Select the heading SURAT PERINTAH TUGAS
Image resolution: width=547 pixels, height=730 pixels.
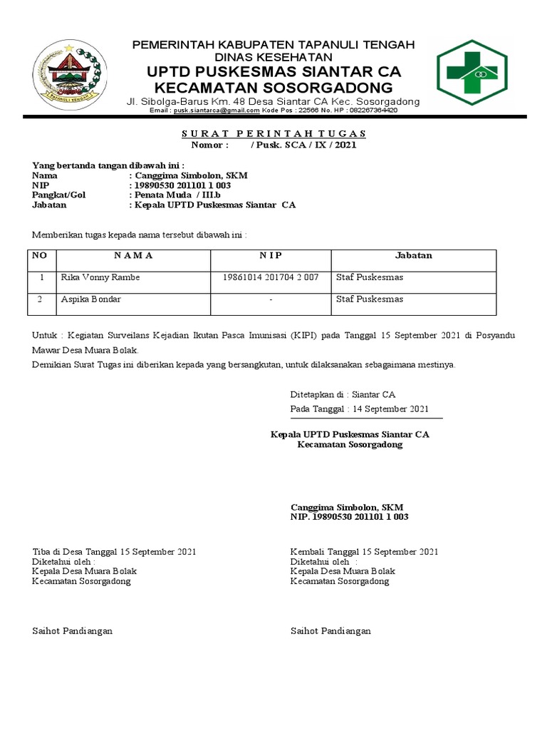[x=273, y=133]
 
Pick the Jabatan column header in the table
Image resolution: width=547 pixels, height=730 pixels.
[x=414, y=255]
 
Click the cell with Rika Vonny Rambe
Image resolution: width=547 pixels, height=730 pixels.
[x=100, y=277]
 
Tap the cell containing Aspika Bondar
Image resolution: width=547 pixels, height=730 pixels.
[x=90, y=299]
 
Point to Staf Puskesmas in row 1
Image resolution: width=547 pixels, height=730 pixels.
[x=370, y=277]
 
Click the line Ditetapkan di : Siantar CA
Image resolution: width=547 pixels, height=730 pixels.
[x=343, y=394]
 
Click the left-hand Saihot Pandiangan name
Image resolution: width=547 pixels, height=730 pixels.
[x=73, y=631]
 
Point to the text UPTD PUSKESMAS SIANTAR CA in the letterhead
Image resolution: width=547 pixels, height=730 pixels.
[x=274, y=72]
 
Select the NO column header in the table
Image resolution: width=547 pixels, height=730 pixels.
[x=42, y=255]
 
